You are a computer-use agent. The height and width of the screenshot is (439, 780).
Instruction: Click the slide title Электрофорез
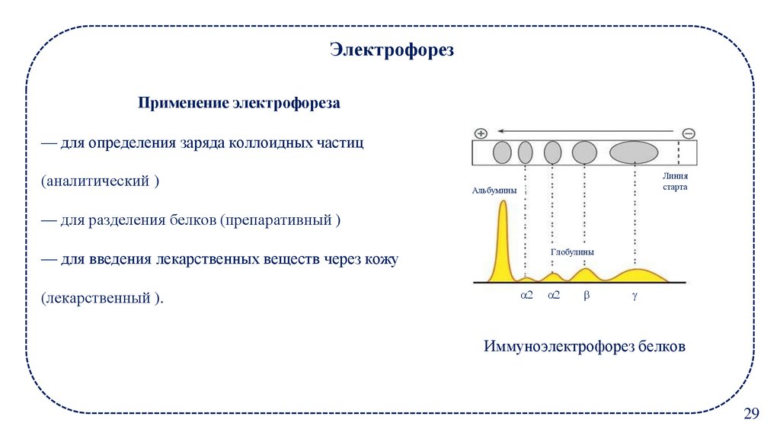point(392,51)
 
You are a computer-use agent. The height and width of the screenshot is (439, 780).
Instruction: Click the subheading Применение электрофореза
point(238,103)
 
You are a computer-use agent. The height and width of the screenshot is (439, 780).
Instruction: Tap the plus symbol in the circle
point(481,133)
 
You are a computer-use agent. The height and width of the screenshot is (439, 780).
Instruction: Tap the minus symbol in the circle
point(688,133)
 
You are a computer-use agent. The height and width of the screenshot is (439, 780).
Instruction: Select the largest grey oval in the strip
point(634,152)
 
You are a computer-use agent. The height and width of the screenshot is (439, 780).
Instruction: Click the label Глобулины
point(572,251)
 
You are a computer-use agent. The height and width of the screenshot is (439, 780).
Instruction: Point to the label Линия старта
point(675,181)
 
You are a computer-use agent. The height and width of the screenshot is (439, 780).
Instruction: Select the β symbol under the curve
point(586,294)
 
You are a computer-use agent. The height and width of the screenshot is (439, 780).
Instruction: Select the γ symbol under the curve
point(633,294)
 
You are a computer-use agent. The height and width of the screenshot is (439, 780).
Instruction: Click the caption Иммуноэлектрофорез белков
point(584,346)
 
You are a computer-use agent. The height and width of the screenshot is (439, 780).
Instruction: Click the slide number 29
point(751,414)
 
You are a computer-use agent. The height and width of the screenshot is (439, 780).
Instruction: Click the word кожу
point(380,259)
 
